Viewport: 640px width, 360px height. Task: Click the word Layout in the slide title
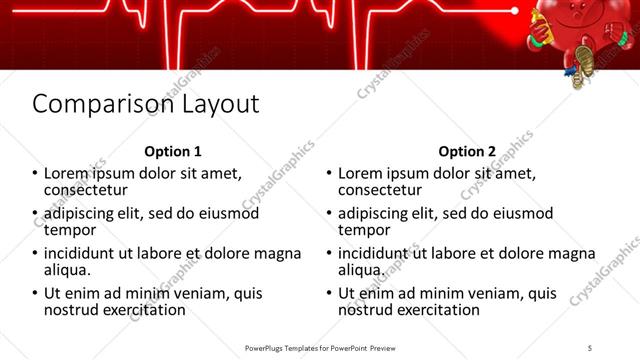[x=215, y=105]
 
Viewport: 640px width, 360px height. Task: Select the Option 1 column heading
[x=173, y=152]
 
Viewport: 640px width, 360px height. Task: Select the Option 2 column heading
[x=466, y=152]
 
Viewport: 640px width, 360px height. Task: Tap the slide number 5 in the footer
[x=590, y=347]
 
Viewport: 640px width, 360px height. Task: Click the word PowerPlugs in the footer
[x=268, y=347]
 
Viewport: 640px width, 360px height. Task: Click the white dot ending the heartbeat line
[x=515, y=11]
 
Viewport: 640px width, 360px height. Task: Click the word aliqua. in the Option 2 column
[x=361, y=271]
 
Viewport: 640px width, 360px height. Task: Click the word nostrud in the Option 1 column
[x=72, y=311]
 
